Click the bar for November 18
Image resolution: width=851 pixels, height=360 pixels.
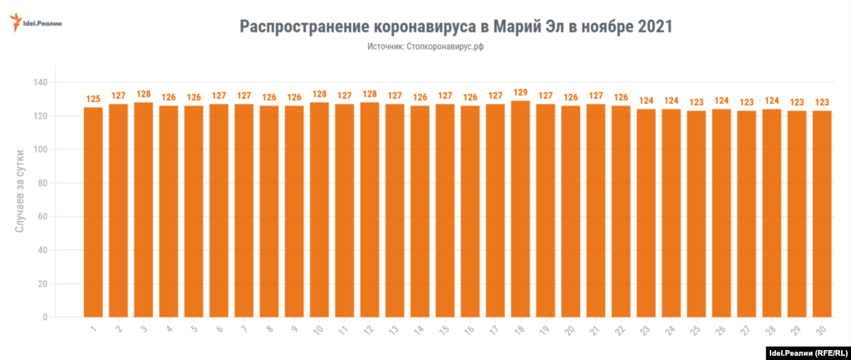click(520, 209)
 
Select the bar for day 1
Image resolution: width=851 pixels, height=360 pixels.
click(93, 212)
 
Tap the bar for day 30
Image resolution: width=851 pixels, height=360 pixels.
click(822, 214)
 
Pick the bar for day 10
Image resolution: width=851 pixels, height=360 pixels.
click(319, 210)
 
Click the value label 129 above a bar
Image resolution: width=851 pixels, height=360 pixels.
click(520, 92)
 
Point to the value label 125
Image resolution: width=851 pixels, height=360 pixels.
click(93, 99)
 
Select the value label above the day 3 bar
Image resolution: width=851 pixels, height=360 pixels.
click(143, 94)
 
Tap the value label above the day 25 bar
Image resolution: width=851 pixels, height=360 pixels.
click(696, 102)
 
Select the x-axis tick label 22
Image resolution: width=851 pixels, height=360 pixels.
click(619, 330)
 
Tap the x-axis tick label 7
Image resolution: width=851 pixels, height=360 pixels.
click(243, 330)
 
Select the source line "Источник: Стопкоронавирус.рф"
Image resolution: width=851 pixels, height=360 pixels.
click(425, 47)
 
